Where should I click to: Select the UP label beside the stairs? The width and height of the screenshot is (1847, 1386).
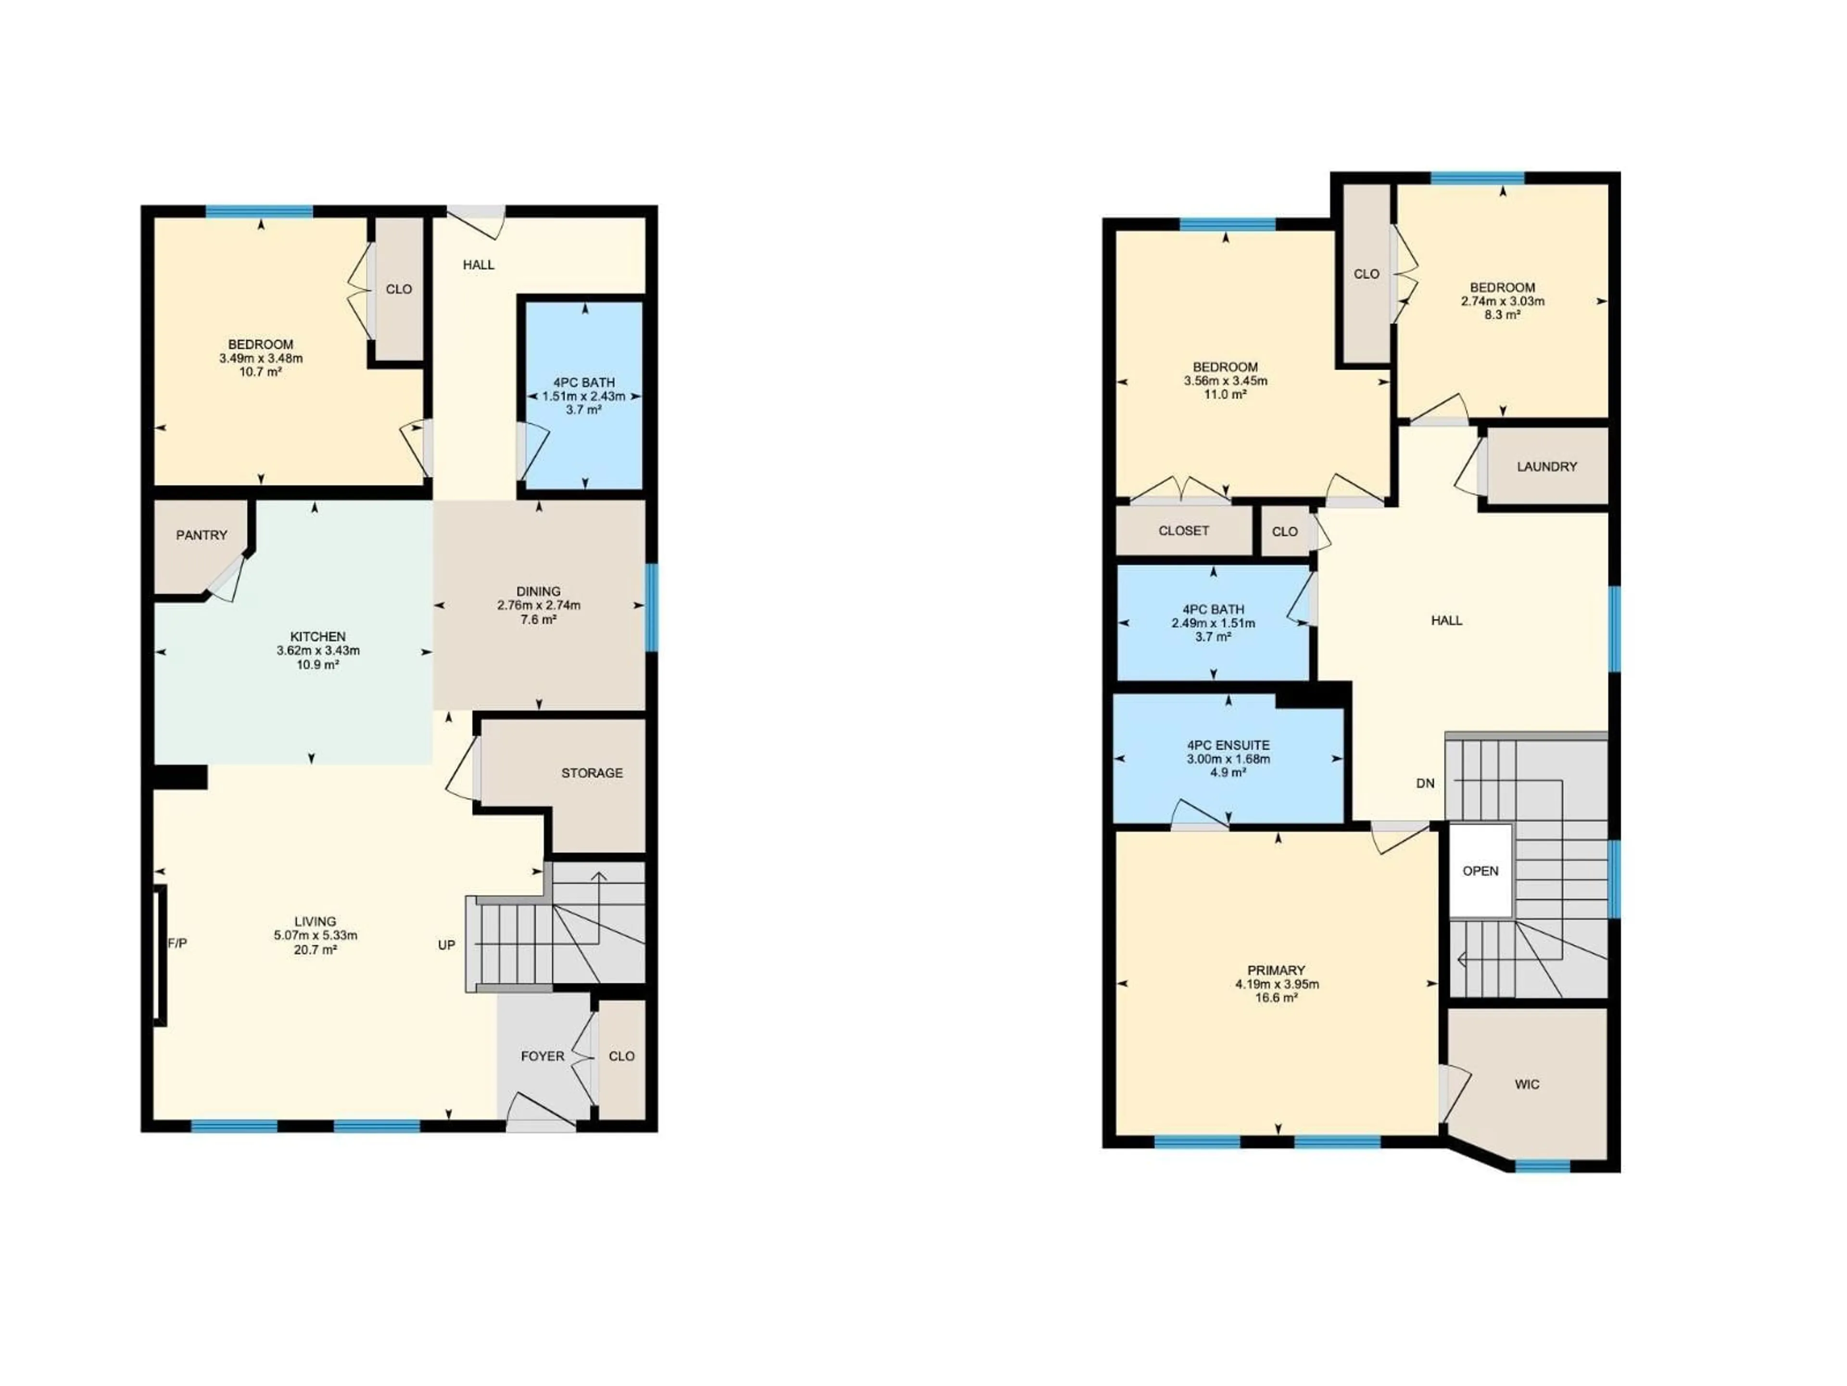tap(447, 945)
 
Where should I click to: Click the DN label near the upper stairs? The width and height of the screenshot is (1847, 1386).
tap(1425, 783)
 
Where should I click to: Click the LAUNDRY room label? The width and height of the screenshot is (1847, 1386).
tap(1546, 467)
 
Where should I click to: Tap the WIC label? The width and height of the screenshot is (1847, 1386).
tap(1526, 1084)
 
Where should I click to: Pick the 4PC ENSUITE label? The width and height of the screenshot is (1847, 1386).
tap(1228, 745)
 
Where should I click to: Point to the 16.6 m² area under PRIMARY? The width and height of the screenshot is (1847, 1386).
tap(1277, 998)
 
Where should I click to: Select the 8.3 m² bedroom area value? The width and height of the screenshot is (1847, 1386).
tap(1502, 315)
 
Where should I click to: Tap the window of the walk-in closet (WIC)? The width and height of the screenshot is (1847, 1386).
tap(1542, 1166)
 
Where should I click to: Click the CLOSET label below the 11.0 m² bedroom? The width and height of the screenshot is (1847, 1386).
tap(1183, 530)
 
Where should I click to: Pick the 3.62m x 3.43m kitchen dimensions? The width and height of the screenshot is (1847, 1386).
tap(318, 651)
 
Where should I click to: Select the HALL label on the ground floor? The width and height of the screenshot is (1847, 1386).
tap(479, 265)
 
